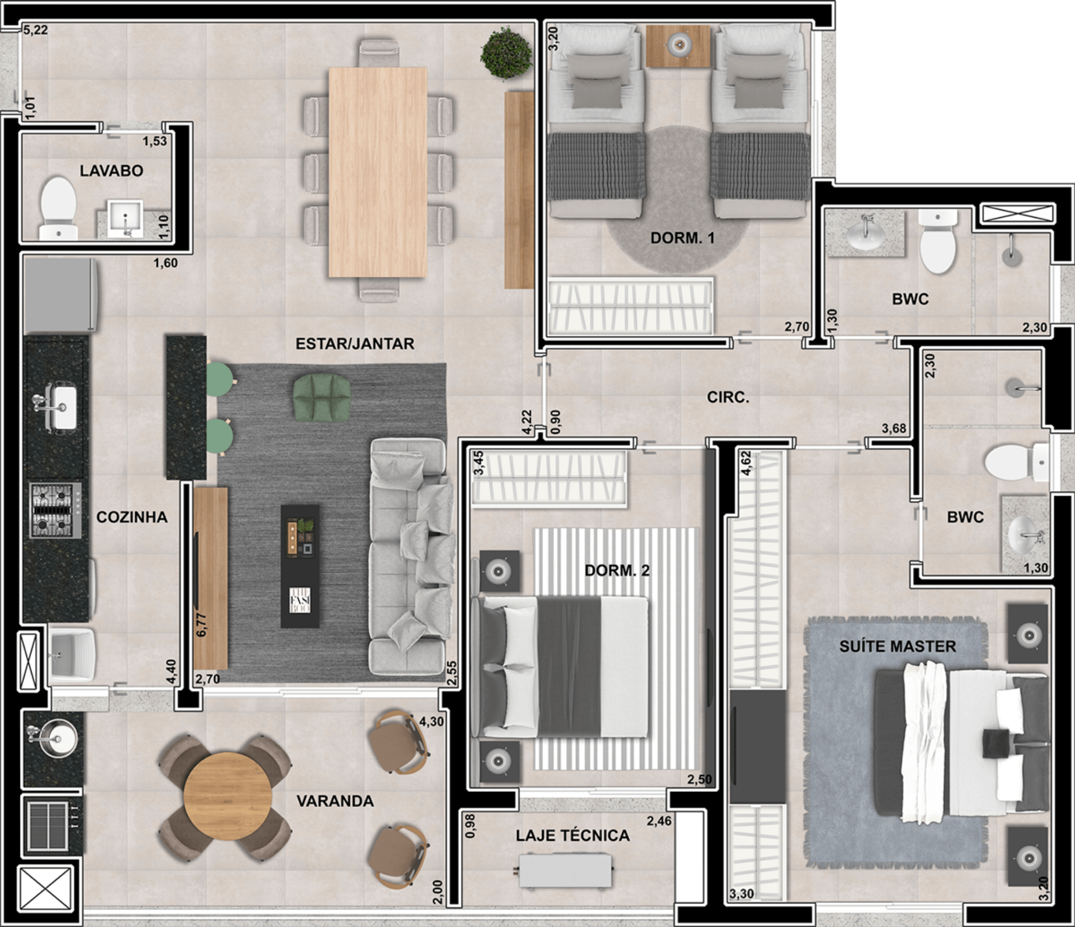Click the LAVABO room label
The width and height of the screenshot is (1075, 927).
point(111,171)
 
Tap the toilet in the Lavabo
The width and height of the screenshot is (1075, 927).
point(59,208)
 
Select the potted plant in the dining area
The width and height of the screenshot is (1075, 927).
point(506,53)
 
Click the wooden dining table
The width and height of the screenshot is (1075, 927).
point(378,172)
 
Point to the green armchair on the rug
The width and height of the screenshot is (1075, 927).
point(322,397)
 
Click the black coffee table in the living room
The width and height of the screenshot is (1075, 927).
point(300,566)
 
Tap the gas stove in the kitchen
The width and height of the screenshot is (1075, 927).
point(55,510)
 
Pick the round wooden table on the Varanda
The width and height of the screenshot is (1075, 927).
point(228,796)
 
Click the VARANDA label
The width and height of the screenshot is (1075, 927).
point(335,801)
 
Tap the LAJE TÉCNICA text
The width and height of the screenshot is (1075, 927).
point(573,835)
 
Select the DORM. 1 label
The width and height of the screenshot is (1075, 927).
point(682,238)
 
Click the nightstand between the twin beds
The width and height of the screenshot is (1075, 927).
point(678,46)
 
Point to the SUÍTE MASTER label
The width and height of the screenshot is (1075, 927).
point(898,646)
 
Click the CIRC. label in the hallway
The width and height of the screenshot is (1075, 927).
point(728,397)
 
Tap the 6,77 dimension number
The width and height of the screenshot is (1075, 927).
point(202,625)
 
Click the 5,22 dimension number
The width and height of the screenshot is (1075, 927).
point(36,30)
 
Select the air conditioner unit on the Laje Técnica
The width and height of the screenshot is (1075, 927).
point(565,871)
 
